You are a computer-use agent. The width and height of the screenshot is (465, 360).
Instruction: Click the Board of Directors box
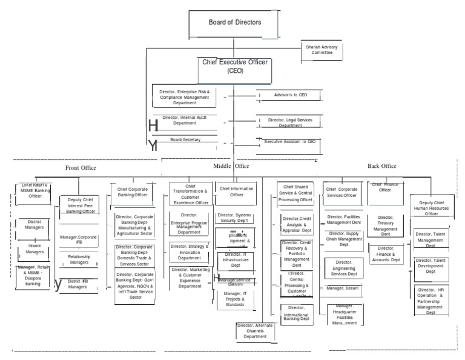pos(235,23)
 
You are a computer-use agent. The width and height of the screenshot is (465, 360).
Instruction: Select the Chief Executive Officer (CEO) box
pos(234,67)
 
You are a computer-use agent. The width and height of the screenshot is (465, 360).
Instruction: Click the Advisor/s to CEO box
pos(286,95)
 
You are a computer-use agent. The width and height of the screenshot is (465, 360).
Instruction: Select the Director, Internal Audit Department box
pos(185,119)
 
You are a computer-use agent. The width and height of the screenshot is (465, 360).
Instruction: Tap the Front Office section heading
pos(81,168)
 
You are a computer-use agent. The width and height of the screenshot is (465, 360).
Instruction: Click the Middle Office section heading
pos(231,165)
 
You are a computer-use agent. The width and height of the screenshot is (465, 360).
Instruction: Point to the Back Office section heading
pos(382,165)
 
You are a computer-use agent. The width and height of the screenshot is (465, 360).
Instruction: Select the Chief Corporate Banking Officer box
pos(132,192)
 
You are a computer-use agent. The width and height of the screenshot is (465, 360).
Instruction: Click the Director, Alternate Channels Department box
pos(254,331)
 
